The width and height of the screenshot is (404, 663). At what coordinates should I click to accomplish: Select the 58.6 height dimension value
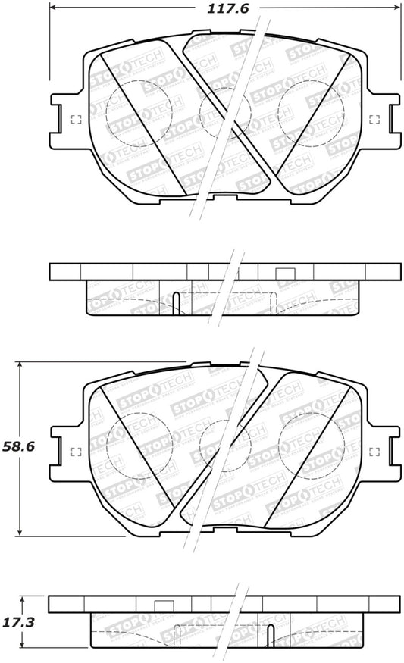(22, 447)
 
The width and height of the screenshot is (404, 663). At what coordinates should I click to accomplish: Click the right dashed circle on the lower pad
(311, 447)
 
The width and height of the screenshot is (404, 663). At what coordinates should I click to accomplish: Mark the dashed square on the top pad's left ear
(75, 119)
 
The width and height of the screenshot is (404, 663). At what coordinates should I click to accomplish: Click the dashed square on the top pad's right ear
(373, 119)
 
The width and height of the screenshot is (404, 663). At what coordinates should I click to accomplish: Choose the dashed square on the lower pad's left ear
(75, 453)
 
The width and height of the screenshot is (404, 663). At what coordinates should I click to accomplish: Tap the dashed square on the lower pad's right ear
(373, 453)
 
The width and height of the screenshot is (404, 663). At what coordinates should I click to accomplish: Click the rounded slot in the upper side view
(176, 303)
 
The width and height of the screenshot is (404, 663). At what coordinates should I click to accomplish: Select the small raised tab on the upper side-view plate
(284, 274)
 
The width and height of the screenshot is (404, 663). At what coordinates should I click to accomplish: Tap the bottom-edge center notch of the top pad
(225, 199)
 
